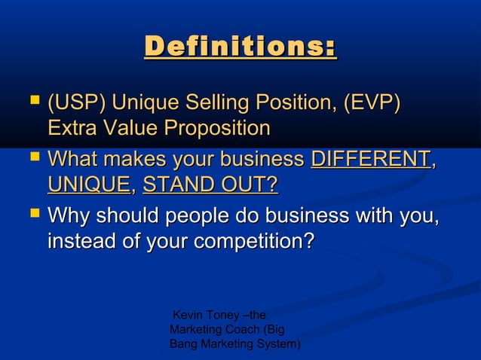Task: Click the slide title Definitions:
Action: (x=240, y=47)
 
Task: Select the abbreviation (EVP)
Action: (x=371, y=102)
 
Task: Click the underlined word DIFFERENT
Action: (x=370, y=160)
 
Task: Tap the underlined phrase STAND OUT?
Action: (x=210, y=185)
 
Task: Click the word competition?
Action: (x=254, y=243)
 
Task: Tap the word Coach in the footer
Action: (x=236, y=329)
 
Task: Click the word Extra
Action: (x=74, y=128)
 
